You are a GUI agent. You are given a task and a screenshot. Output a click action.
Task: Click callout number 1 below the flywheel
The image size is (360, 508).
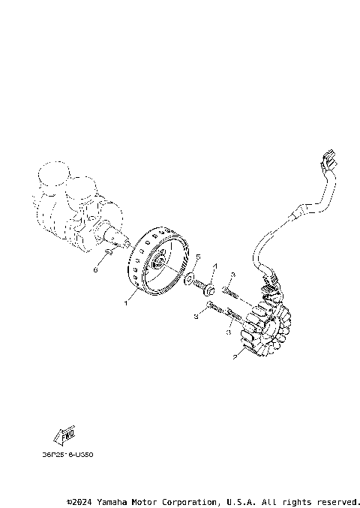[127, 303]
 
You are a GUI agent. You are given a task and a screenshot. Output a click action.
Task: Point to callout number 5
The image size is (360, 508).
[198, 257]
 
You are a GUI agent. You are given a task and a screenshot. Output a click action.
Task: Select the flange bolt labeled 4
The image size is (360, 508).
[209, 289]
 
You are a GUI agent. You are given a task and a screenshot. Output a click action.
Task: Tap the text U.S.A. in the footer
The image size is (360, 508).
[241, 500]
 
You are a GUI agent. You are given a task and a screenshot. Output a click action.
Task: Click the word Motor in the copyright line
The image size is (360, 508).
[148, 500]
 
